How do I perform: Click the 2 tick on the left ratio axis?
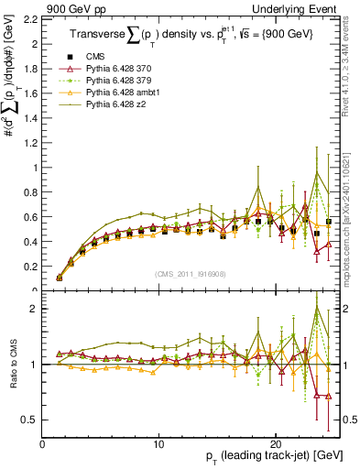point(34,309)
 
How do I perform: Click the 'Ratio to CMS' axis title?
point(12,365)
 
